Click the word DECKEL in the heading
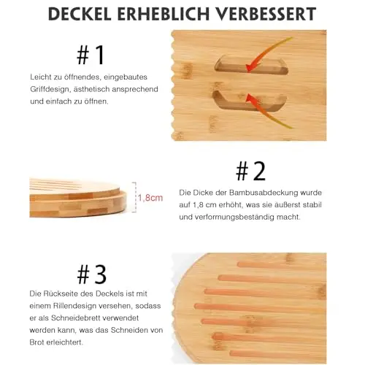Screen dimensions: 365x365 tap(80, 14)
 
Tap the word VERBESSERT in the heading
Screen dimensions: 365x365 tap(266, 14)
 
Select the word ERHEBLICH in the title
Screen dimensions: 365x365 tap(164, 14)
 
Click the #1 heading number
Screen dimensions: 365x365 tap(91, 55)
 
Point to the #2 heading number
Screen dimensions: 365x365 tap(250, 171)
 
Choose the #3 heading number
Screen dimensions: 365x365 tap(92, 274)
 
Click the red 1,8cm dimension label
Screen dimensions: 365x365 tap(150, 198)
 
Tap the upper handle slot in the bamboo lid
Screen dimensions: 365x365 tap(251, 65)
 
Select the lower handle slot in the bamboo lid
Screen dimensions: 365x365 tap(250, 101)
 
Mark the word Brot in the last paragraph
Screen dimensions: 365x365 tap(36, 342)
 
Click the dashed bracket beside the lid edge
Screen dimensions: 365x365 tap(134, 197)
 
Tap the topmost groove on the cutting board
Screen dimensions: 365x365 tap(282, 264)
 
